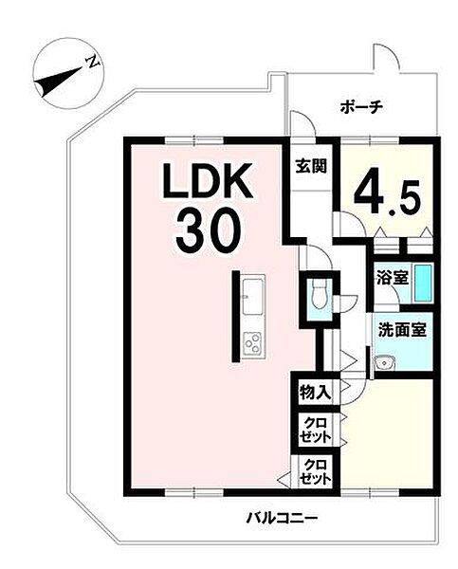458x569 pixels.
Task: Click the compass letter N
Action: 93,62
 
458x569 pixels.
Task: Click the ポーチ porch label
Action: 361,107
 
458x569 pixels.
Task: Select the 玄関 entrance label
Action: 311,166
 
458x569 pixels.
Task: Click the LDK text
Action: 208,180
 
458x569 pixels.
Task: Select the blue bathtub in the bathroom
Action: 422,283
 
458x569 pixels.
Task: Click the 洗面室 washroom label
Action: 402,330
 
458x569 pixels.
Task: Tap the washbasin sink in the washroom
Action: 385,362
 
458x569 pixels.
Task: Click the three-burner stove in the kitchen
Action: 252,343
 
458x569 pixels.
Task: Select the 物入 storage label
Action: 315,393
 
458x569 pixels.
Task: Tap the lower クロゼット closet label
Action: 315,471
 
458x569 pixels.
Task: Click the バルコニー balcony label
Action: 283,517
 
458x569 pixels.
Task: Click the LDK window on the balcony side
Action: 194,492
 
